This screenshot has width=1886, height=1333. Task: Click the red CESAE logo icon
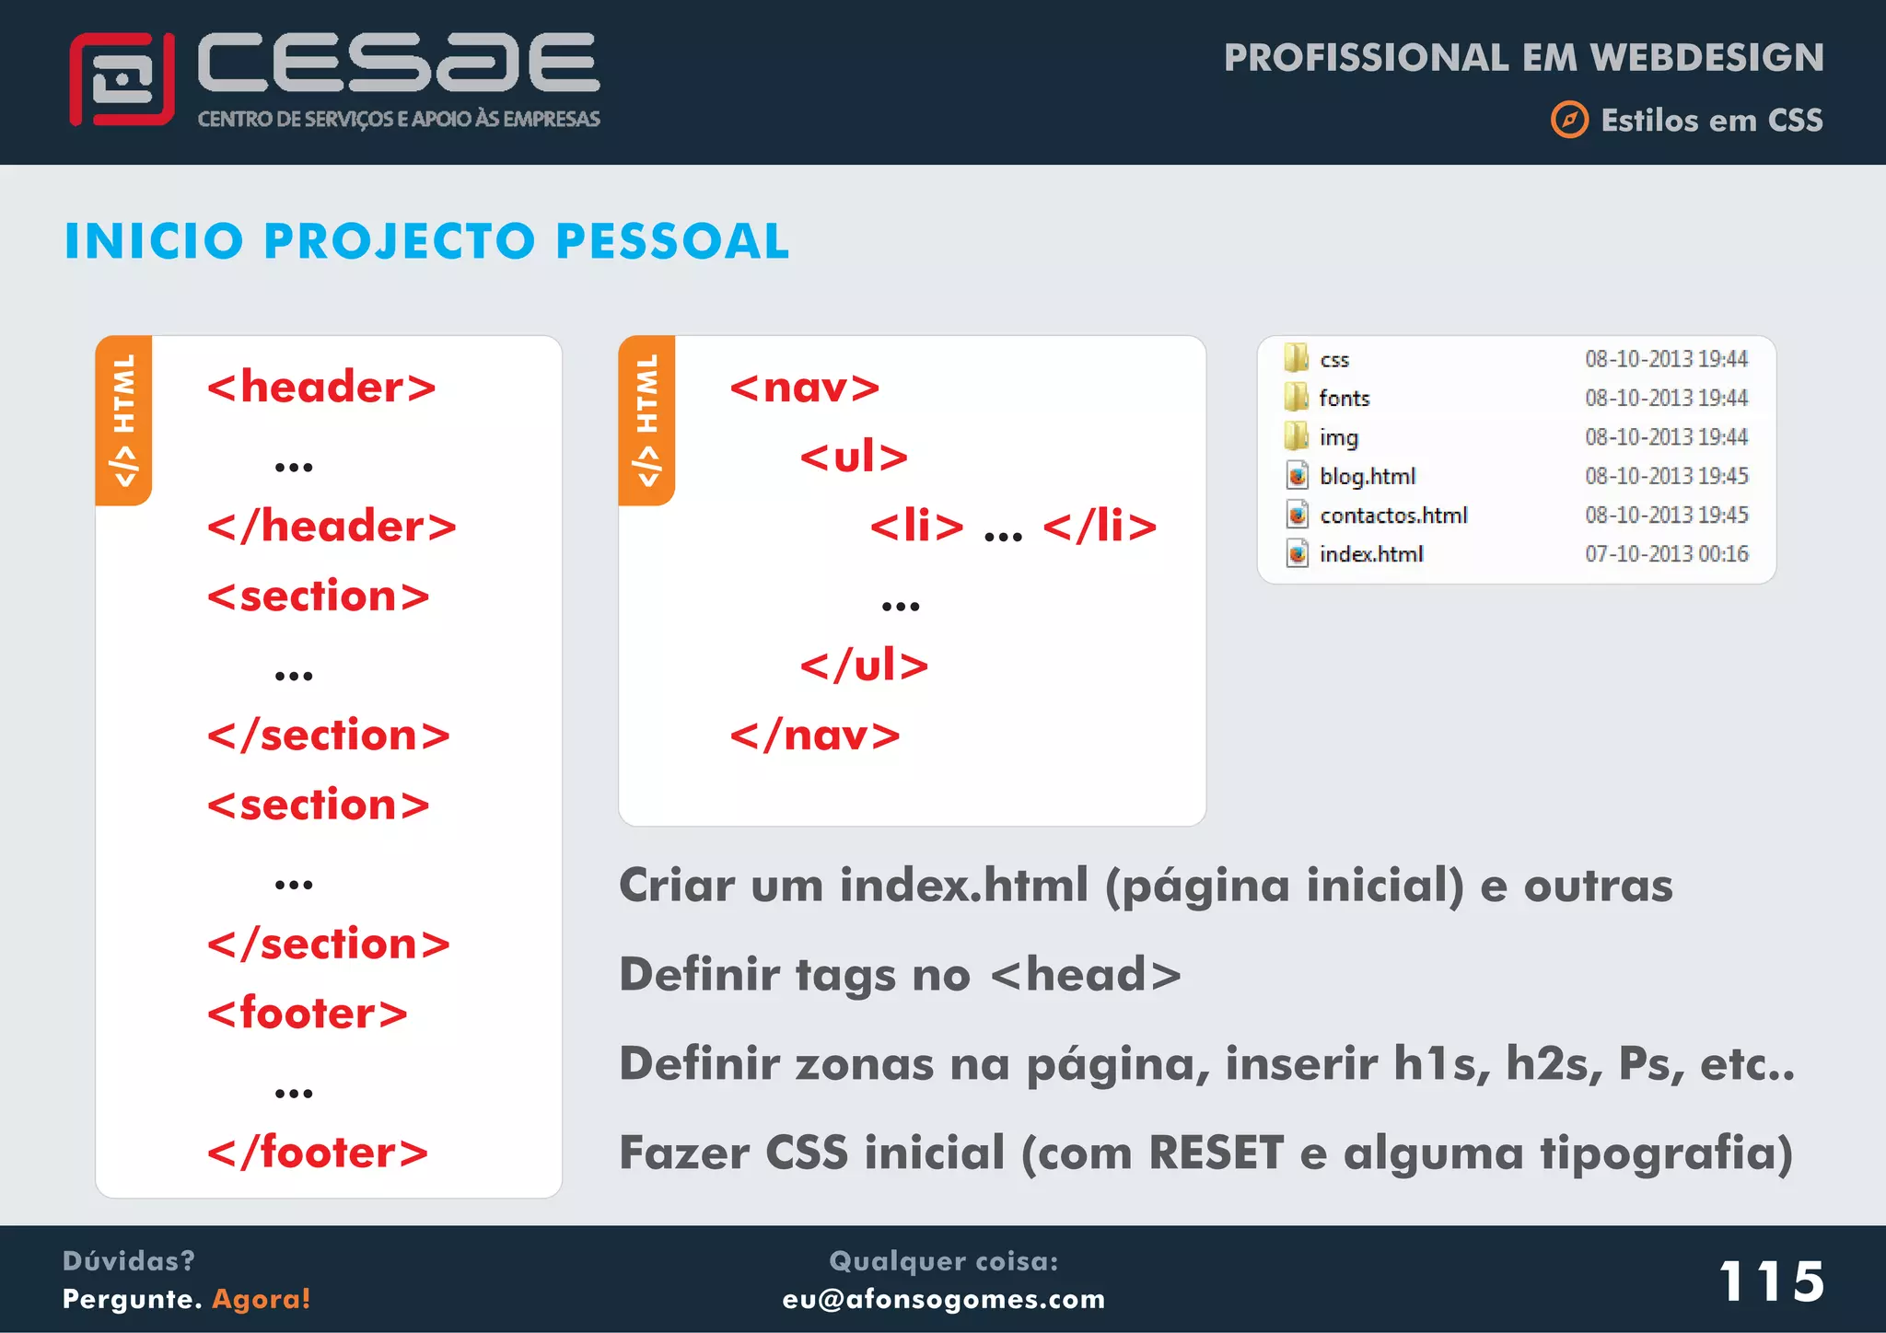tap(122, 79)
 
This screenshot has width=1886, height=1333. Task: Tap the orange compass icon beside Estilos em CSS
tap(1569, 120)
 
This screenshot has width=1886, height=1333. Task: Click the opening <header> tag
tap(321, 387)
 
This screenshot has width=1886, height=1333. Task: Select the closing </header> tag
tap(332, 526)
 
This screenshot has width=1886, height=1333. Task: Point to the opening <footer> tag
tap(308, 1013)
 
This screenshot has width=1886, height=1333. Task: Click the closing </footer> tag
tap(318, 1152)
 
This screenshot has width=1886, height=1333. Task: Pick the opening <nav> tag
tap(805, 387)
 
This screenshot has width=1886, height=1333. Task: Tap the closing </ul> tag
tap(864, 665)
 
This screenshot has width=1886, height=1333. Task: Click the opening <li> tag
tap(916, 526)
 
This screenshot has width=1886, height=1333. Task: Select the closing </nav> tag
tap(815, 735)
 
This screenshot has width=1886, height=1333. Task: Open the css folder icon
tap(1297, 358)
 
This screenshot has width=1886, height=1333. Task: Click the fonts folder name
tap(1344, 398)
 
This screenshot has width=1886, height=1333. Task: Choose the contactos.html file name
tap(1393, 516)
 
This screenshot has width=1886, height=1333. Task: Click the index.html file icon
tap(1297, 554)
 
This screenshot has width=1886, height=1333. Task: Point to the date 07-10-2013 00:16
tap(1666, 554)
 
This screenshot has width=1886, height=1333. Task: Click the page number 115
tap(1771, 1281)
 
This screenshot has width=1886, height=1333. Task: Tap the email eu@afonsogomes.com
tap(943, 1299)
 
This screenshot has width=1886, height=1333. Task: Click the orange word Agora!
tap(262, 1299)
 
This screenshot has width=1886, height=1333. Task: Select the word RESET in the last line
tap(1216, 1153)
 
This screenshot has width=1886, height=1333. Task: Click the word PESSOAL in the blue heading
tap(672, 241)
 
